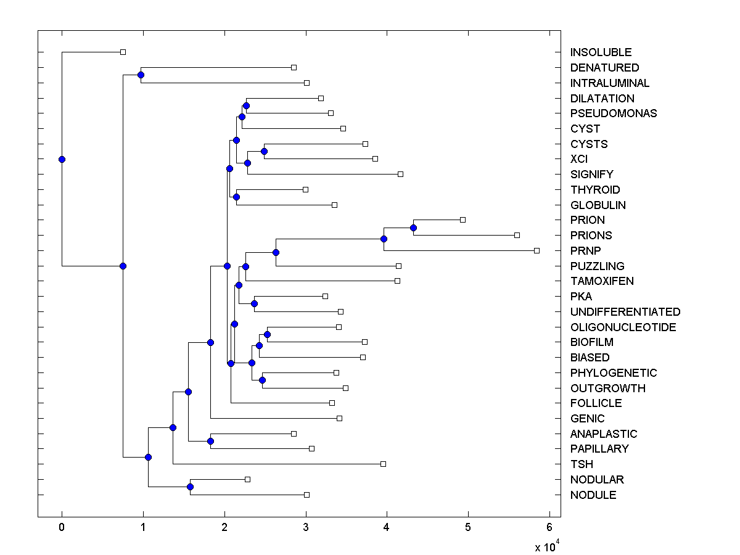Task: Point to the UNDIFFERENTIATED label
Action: coord(625,312)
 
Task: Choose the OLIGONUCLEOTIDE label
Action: coord(623,327)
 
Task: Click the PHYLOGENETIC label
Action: coord(614,373)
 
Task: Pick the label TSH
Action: coord(582,464)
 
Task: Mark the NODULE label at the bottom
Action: coord(593,495)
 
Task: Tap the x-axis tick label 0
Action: coord(62,527)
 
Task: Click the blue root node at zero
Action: coord(62,159)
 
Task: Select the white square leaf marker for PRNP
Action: coord(536,250)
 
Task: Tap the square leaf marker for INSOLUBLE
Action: coord(123,52)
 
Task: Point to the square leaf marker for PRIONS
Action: coord(517,235)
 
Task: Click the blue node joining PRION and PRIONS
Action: coord(413,228)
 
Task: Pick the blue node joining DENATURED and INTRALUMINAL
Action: coord(141,75)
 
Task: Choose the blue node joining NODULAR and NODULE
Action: coord(190,487)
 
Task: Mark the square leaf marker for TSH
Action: coord(383,464)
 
